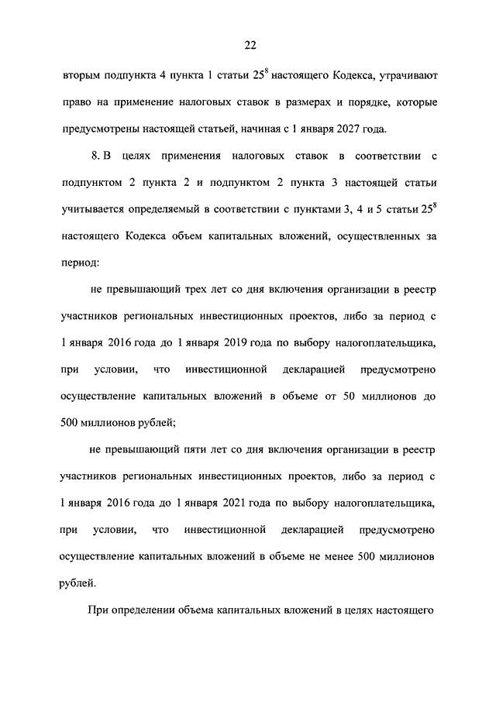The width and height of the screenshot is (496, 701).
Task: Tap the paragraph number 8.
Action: coord(95,156)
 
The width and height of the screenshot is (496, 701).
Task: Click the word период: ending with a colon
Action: coord(80,263)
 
